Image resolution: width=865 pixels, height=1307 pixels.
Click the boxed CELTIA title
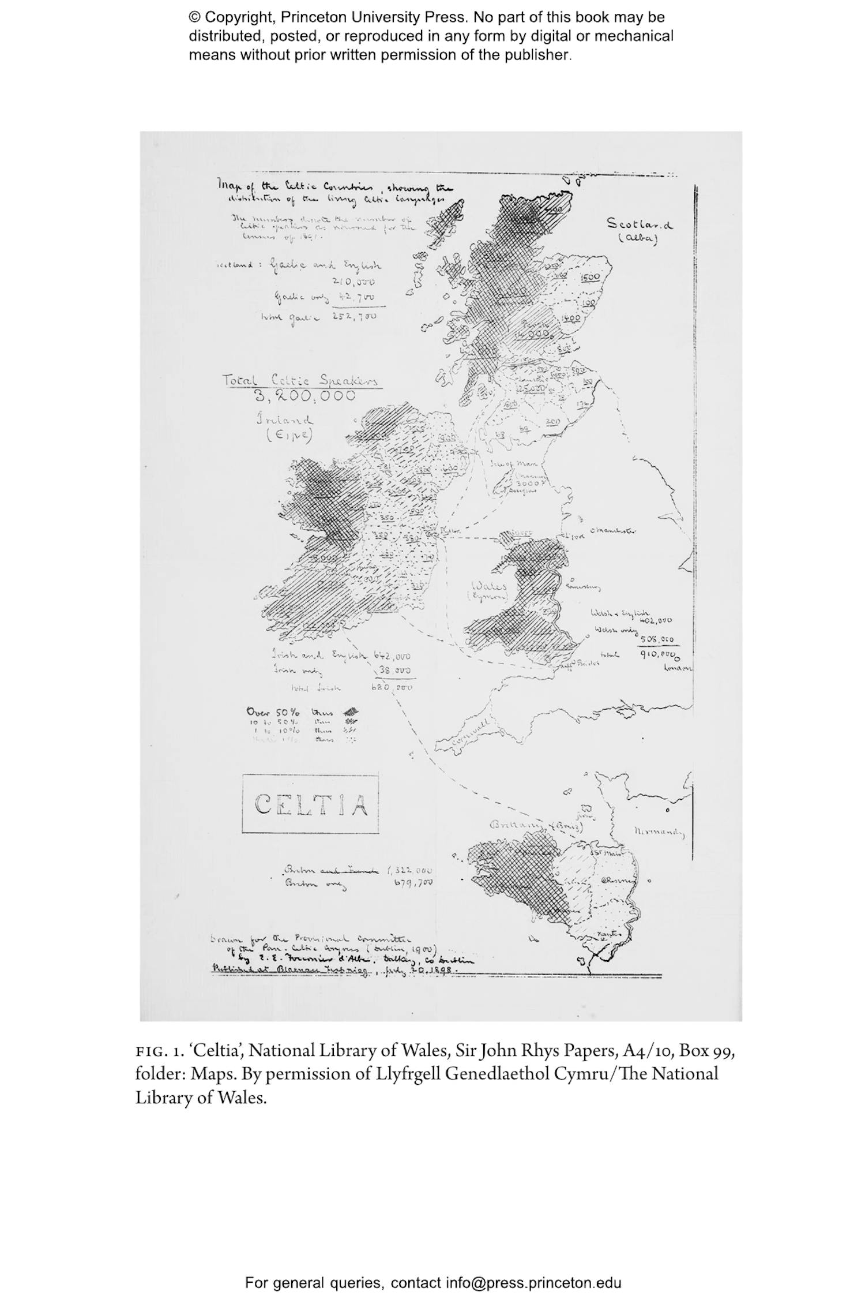point(311,804)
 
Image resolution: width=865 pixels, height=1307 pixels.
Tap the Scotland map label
point(640,224)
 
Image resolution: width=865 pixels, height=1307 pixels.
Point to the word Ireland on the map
point(285,420)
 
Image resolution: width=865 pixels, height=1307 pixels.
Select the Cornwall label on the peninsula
point(471,734)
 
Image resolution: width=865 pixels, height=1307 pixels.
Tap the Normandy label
point(660,833)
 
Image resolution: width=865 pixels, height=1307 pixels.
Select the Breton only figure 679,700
point(413,882)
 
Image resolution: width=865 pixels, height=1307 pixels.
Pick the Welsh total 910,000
point(658,654)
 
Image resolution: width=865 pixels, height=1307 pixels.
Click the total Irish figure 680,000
point(392,687)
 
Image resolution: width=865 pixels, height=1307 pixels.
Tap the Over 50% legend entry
point(271,711)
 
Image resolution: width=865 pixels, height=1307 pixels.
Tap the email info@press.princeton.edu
point(533,1283)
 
